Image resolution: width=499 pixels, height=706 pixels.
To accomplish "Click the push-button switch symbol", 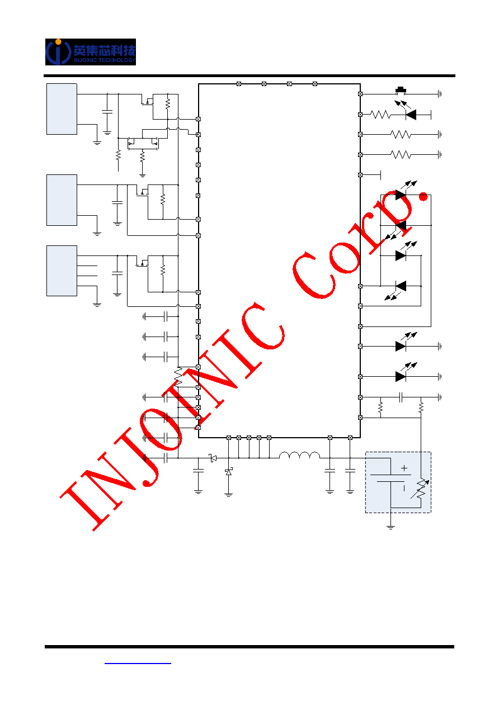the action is point(401,91).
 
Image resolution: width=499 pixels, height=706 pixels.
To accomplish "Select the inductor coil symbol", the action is point(299,455).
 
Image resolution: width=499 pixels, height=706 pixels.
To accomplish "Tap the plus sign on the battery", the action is point(404,468).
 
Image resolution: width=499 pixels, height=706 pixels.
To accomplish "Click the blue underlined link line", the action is point(138,664).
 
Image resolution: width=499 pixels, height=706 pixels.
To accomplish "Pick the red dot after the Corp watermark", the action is point(423,197).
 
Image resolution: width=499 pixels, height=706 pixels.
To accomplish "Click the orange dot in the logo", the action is point(58,41).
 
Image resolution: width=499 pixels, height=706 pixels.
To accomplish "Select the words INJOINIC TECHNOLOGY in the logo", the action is point(105,60).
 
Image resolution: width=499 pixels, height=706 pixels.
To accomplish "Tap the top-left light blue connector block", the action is point(62,109).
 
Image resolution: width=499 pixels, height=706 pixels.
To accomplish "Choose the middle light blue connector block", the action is point(62,200).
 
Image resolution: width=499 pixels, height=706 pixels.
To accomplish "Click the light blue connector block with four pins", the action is point(62,271).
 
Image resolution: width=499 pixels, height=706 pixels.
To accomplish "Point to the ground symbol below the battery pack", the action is point(390,527).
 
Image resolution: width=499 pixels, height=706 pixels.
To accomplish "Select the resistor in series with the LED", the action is point(380,115).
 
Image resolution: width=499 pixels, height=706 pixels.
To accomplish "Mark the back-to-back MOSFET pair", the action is point(143,144).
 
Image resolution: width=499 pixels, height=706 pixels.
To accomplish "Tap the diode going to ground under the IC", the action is point(229,472).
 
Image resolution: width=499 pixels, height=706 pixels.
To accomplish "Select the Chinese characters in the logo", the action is point(105,50).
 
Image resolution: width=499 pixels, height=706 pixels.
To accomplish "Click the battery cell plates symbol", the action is point(390,478).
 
